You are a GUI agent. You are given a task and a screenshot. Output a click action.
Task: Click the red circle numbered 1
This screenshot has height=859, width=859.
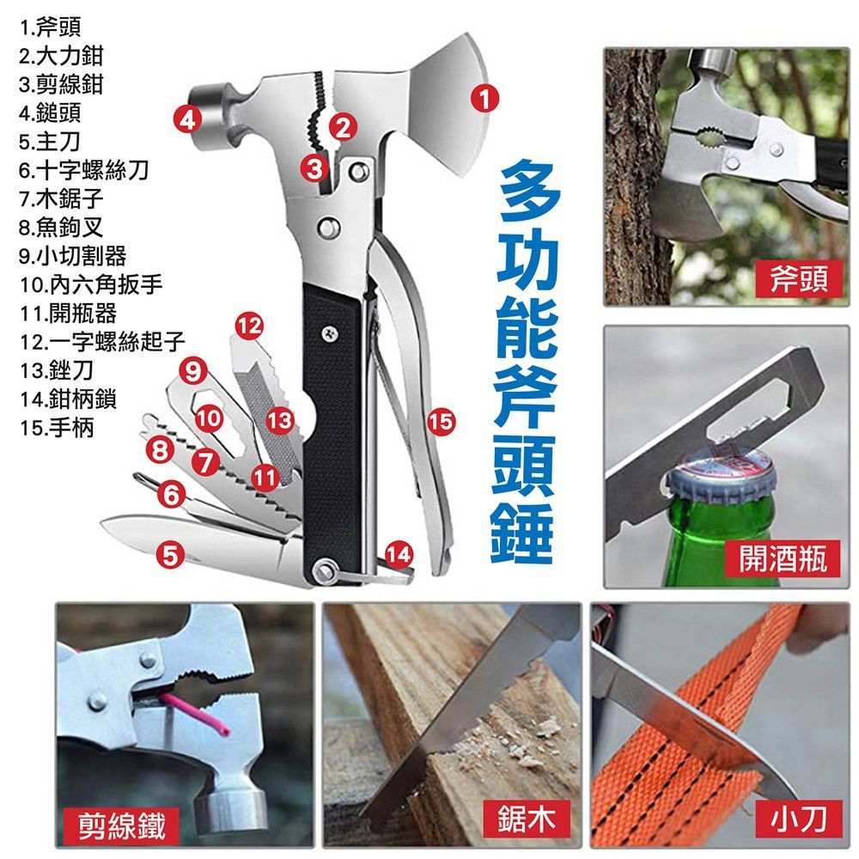[484, 99]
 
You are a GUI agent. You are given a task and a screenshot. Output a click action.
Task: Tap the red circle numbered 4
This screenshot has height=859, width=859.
[188, 119]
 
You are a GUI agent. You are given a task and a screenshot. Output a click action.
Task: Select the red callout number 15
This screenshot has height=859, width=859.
[442, 421]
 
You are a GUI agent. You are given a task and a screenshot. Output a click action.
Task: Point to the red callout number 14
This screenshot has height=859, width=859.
[399, 554]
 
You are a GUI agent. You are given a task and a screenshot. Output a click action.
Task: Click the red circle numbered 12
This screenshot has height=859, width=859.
[249, 326]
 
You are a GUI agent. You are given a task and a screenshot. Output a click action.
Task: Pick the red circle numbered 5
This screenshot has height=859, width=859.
[170, 554]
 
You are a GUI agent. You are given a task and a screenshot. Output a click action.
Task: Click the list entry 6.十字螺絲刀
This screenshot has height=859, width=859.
[84, 170]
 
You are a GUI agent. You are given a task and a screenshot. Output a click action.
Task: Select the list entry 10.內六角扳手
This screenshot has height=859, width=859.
[91, 284]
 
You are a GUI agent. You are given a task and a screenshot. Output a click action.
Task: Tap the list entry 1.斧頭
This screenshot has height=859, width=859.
[50, 27]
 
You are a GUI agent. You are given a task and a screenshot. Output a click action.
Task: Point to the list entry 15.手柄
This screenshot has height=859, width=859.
[57, 427]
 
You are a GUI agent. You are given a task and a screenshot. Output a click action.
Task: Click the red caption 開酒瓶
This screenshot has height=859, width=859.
[783, 558]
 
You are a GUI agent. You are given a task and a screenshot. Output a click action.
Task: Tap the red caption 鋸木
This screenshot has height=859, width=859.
[526, 819]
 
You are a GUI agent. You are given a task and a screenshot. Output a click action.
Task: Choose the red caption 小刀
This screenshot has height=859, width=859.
[798, 819]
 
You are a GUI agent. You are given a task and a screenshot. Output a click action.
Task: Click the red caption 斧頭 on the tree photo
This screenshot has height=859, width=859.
[798, 279]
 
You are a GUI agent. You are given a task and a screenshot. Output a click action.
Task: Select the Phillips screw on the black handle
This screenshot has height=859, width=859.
[329, 332]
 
